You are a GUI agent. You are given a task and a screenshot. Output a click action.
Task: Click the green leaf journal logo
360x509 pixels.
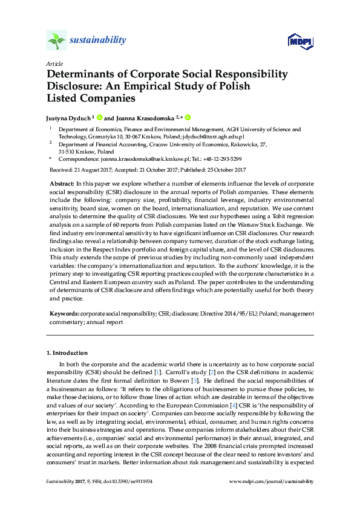click(x=56, y=41)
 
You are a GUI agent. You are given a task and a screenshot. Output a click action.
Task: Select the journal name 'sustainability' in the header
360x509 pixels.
click(x=98, y=41)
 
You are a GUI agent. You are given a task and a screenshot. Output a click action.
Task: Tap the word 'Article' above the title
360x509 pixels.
click(x=54, y=63)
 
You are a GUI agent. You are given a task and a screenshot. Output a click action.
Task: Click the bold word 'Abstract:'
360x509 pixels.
click(x=61, y=183)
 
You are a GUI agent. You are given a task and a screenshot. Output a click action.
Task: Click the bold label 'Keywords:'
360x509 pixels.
click(x=63, y=314)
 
